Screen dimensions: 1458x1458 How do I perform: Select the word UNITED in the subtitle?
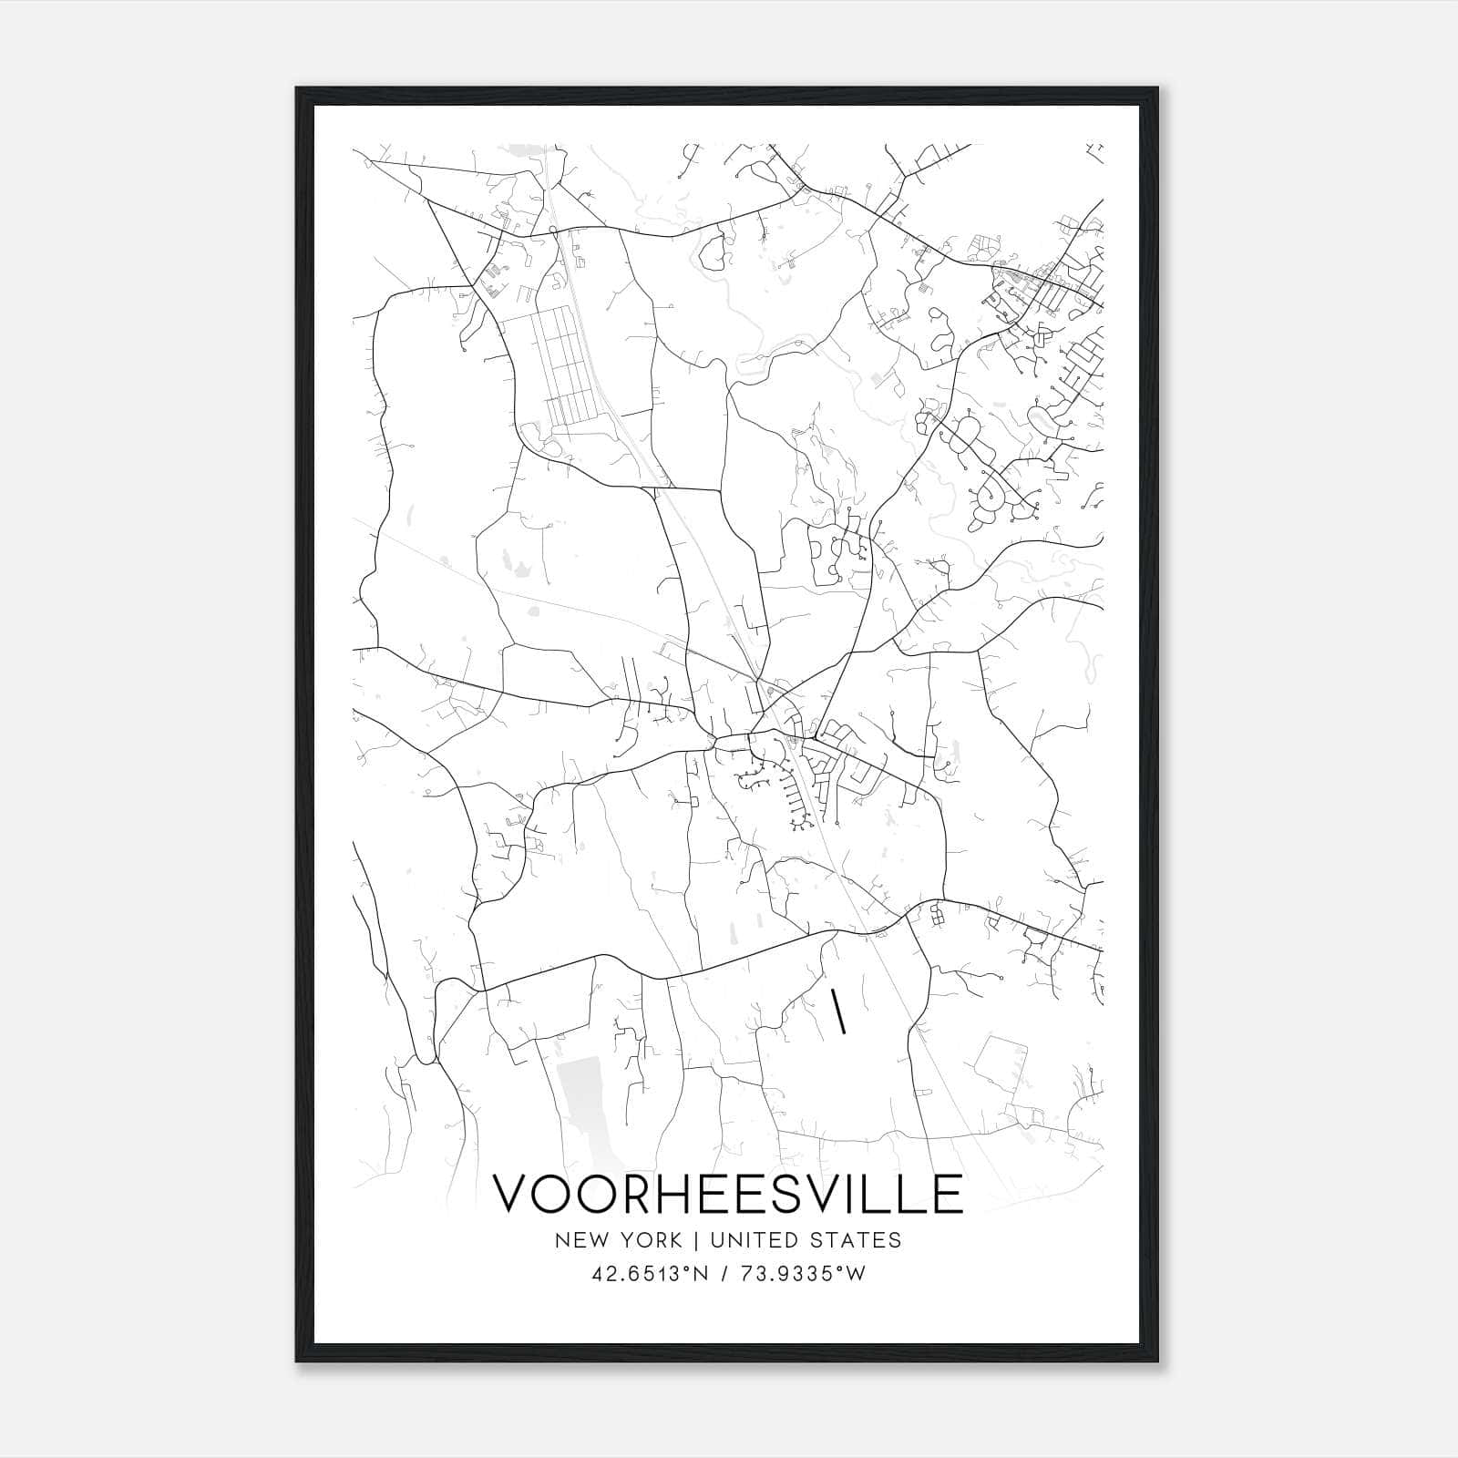[753, 1240]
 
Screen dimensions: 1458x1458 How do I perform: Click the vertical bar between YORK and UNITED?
[696, 1240]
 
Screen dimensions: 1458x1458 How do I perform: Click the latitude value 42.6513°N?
[650, 1274]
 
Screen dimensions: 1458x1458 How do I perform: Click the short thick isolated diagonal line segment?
[838, 1012]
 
